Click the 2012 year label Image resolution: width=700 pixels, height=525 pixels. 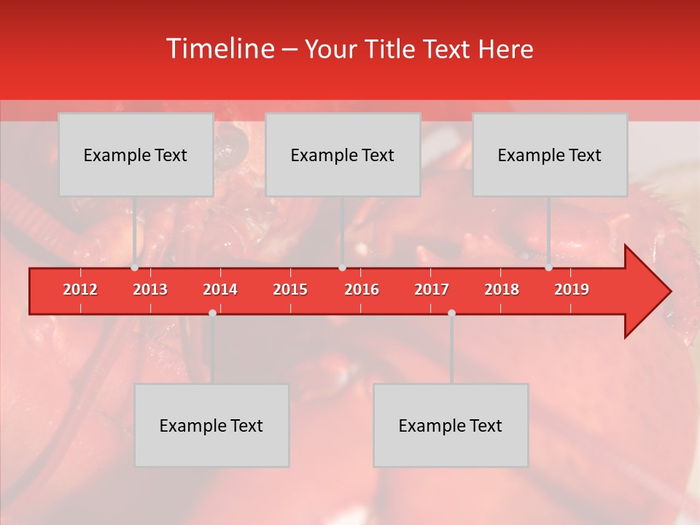[x=80, y=289]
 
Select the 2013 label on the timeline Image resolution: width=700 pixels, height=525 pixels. [x=150, y=289]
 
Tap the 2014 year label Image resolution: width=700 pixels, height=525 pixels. [x=220, y=289]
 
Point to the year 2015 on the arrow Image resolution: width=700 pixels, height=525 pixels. [x=290, y=289]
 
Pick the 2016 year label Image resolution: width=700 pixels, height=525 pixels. [x=362, y=289]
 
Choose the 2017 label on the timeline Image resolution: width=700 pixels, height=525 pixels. [x=432, y=289]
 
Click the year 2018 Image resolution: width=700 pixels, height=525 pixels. [x=502, y=289]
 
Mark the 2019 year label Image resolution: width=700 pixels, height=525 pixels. [x=572, y=289]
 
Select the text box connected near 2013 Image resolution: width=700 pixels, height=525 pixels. [x=136, y=155]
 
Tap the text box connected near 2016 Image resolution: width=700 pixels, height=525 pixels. [x=343, y=155]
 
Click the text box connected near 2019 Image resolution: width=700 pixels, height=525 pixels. [x=550, y=155]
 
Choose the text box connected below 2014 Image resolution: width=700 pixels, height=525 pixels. [x=211, y=425]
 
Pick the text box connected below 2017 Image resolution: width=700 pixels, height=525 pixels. [x=451, y=425]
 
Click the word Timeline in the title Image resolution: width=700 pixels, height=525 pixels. [x=219, y=49]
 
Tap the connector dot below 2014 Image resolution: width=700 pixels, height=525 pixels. [x=212, y=313]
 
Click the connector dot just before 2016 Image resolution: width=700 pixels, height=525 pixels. [x=343, y=268]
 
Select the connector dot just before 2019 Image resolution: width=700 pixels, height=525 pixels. [x=549, y=268]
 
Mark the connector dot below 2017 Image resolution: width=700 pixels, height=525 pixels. [x=451, y=313]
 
